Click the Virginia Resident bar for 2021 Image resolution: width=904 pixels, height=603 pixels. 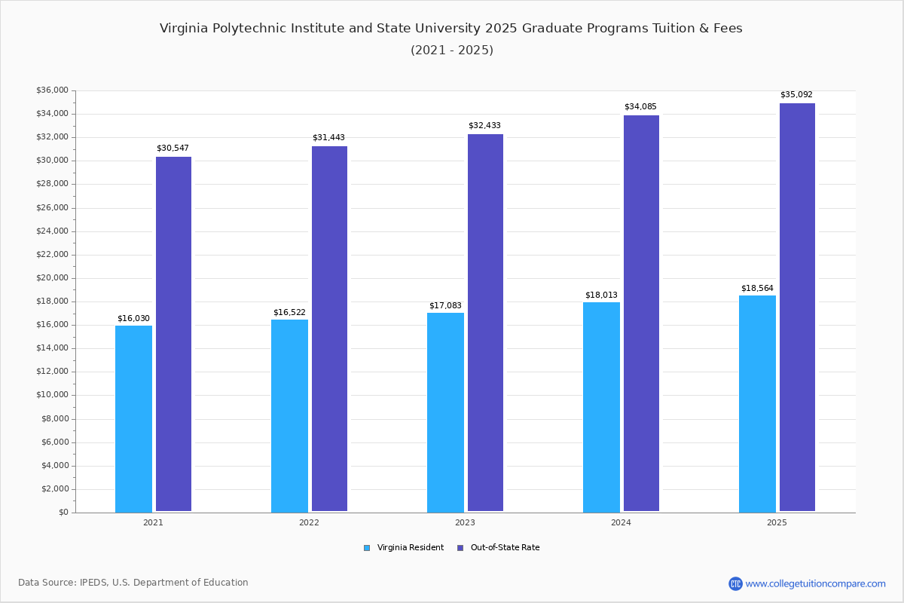tap(133, 418)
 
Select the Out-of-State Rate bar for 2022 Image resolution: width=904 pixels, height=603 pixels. tap(329, 329)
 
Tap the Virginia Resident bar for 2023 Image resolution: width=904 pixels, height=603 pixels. tap(445, 412)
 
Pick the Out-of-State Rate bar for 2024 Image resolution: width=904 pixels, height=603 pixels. tap(641, 314)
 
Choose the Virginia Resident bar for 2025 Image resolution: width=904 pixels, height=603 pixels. tap(757, 403)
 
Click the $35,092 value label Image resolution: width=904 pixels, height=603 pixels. tap(796, 95)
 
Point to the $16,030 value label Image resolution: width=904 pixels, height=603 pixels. tap(133, 318)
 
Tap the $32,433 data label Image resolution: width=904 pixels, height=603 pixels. tap(484, 126)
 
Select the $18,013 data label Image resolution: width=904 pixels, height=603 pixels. tap(601, 295)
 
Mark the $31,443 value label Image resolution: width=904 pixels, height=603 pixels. tap(328, 137)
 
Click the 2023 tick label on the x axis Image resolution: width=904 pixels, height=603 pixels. tap(465, 522)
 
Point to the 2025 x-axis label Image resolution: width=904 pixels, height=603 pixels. tap(777, 522)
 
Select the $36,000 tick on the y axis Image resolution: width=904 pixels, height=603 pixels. tap(52, 90)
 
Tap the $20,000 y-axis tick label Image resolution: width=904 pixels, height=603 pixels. tap(52, 278)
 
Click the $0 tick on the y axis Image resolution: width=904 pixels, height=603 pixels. tap(63, 513)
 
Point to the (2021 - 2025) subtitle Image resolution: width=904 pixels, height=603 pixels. tap(452, 50)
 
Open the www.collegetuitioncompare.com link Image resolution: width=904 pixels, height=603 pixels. tap(815, 583)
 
